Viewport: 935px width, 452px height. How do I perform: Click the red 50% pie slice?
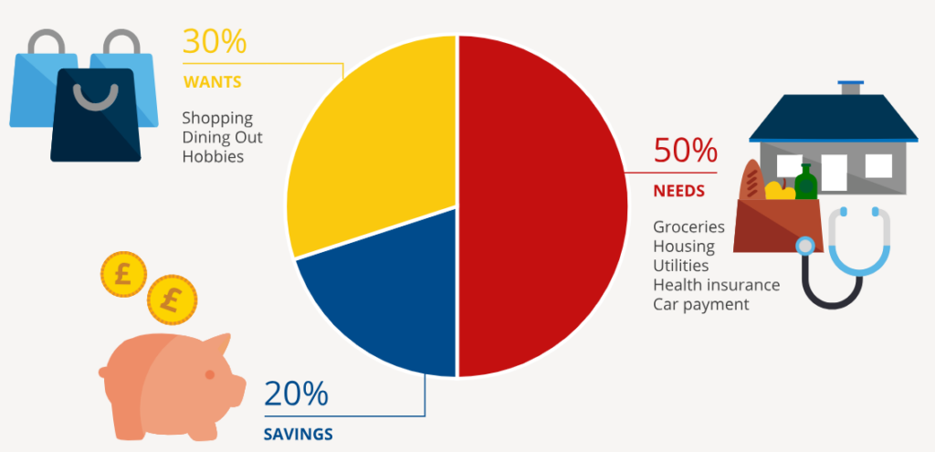pos(543,205)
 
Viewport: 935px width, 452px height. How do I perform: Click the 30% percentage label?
pos(214,43)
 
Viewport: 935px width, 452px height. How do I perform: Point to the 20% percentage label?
pos(295,394)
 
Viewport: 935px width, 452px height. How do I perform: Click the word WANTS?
pos(212,82)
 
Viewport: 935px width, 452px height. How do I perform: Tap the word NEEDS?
pos(678,192)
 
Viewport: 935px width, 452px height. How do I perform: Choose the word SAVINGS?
pos(299,433)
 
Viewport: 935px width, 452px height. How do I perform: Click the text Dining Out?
pos(223,137)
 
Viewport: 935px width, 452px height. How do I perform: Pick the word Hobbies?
pos(214,156)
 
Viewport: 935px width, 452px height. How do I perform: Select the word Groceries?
pos(688,226)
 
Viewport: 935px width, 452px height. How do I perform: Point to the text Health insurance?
pos(716,285)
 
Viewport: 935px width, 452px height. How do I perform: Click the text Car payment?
pos(700,304)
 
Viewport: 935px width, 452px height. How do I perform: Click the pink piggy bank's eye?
pos(210,375)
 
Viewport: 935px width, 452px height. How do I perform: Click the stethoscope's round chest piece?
pos(805,247)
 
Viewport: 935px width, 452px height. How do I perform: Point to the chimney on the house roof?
pos(851,87)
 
